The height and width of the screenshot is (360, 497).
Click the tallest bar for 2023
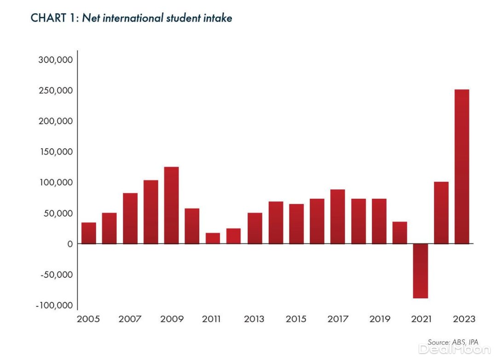462,166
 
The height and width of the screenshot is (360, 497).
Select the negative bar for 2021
420,271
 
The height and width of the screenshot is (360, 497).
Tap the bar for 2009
171,205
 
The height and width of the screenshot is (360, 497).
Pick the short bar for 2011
213,238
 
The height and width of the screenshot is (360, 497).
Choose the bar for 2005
89,233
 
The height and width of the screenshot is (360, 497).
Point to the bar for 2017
337,217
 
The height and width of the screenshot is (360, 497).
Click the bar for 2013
254,228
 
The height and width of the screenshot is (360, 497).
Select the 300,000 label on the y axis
55,60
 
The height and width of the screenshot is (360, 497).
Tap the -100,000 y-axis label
54,306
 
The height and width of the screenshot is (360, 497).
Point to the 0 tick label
70,244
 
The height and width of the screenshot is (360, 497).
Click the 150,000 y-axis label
55,152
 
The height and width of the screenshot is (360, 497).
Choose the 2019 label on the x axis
379,319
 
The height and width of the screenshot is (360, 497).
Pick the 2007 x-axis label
130,319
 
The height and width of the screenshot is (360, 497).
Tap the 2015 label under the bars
296,319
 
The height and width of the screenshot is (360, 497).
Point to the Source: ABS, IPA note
453,343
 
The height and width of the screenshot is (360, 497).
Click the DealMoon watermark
455,349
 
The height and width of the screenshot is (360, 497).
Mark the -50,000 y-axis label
56,275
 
